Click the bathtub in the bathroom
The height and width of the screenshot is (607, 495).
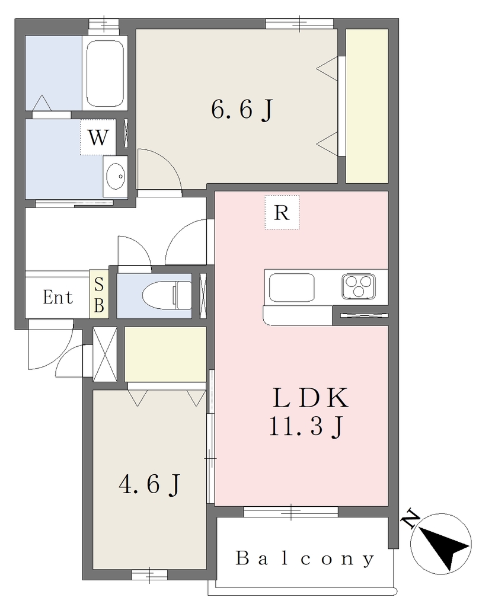(x=105, y=73)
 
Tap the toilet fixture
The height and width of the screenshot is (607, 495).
(x=167, y=295)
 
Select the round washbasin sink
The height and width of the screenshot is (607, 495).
(x=116, y=177)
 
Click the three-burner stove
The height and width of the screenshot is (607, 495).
(x=359, y=286)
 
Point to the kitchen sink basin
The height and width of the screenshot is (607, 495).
(x=292, y=287)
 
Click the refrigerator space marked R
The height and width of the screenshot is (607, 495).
(x=282, y=212)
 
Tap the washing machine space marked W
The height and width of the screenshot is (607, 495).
(x=98, y=137)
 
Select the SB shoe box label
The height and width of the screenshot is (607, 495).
(x=99, y=295)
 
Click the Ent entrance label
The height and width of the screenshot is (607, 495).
(x=58, y=298)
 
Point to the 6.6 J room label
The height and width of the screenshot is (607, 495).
(x=242, y=110)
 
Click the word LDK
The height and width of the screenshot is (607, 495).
(x=311, y=398)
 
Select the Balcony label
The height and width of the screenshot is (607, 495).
(x=305, y=558)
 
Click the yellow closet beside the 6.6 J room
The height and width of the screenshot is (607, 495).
(x=367, y=106)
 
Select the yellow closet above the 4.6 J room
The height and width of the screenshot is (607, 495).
(x=165, y=354)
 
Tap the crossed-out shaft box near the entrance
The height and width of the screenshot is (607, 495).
(x=104, y=354)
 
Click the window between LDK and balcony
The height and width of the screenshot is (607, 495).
(x=290, y=512)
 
